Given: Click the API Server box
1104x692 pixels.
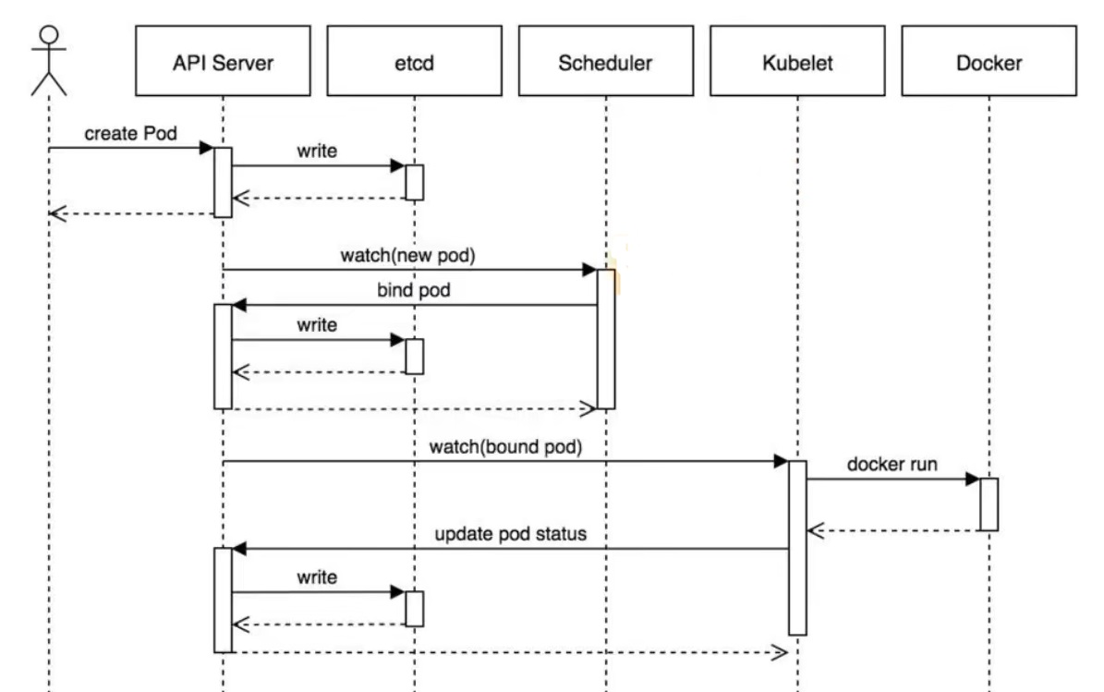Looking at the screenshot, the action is pos(223,61).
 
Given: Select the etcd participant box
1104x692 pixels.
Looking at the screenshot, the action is pos(414,61).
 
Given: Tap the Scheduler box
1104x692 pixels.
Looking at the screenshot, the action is pos(605,61).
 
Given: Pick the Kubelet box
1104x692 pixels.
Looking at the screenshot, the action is pos(797,61).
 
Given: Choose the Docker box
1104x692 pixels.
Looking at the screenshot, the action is pos(989,61).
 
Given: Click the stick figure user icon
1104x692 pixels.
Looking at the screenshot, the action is pos(49,61).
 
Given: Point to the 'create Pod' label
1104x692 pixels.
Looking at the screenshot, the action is pos(130,133).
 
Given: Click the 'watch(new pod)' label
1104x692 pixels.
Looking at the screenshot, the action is pos(407,255).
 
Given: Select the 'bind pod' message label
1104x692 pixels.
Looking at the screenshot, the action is pos(413,289).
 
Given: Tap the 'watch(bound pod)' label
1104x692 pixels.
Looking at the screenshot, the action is pos(505,446).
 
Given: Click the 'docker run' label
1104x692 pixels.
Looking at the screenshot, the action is pos(892,464).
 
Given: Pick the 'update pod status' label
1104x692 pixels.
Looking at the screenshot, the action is pos(511,534).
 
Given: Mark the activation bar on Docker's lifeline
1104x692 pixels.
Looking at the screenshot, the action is pos(989,504).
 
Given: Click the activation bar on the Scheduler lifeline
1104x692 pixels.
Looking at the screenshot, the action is pos(605,338).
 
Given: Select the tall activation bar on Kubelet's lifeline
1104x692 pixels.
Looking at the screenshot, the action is pos(797,548).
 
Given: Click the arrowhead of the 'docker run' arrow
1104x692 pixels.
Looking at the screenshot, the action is pos(973,480).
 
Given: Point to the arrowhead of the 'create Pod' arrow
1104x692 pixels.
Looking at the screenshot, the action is pos(206,148).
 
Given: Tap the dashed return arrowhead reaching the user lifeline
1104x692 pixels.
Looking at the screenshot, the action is pos(57,213).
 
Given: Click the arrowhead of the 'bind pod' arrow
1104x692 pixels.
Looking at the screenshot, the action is pos(239,305).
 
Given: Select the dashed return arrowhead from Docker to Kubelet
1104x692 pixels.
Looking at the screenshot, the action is pos(816,531).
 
